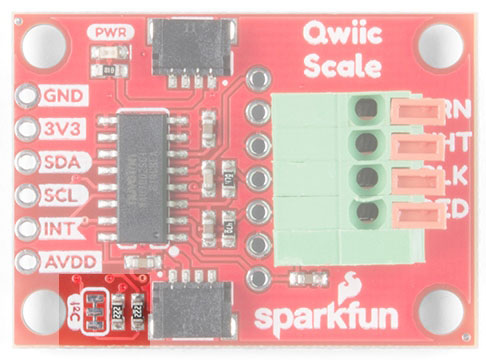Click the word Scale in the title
click(x=343, y=68)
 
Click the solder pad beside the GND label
click(x=24, y=97)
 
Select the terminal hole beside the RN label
click(x=367, y=107)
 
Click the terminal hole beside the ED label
click(x=367, y=211)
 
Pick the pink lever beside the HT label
click(x=410, y=146)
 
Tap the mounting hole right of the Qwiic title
click(x=439, y=45)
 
